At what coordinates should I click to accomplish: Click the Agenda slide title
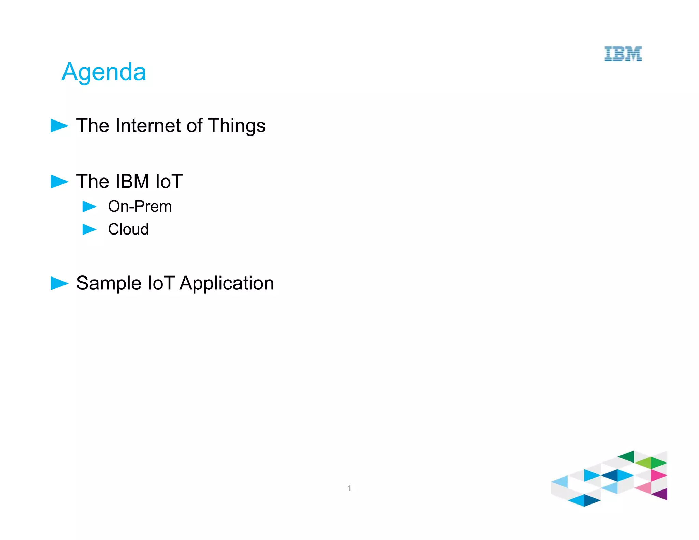(x=104, y=72)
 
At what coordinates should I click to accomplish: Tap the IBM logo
(x=623, y=54)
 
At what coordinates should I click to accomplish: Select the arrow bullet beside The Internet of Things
(x=59, y=126)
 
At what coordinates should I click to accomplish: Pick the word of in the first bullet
(x=194, y=126)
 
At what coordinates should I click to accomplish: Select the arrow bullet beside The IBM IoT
(x=59, y=182)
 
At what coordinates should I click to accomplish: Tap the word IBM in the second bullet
(x=132, y=181)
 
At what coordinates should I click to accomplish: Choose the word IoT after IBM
(x=169, y=181)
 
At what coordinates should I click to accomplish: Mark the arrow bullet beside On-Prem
(x=89, y=207)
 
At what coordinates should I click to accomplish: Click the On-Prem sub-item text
(x=140, y=207)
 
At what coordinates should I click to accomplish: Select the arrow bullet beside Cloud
(x=89, y=229)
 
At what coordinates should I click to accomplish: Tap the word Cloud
(x=128, y=229)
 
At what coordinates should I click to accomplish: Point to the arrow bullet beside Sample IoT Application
(x=59, y=283)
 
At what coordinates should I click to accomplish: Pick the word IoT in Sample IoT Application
(x=161, y=283)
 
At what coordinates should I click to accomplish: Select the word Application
(x=227, y=284)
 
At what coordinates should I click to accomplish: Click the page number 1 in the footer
(x=349, y=488)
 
